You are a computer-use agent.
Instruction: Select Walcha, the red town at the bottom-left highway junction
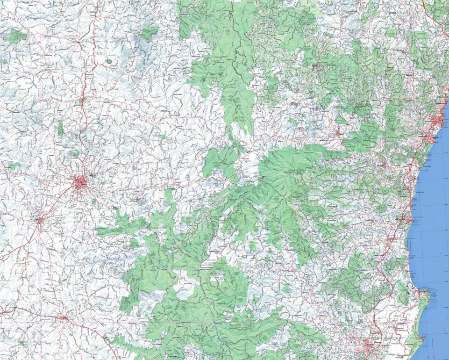tap(64, 318)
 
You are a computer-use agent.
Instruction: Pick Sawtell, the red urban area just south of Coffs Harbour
tap(428, 137)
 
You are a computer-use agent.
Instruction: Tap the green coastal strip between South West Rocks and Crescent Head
tap(420, 313)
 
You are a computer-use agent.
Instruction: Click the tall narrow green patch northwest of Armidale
tap(60, 129)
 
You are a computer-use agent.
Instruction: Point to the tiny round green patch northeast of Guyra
tap(109, 61)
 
